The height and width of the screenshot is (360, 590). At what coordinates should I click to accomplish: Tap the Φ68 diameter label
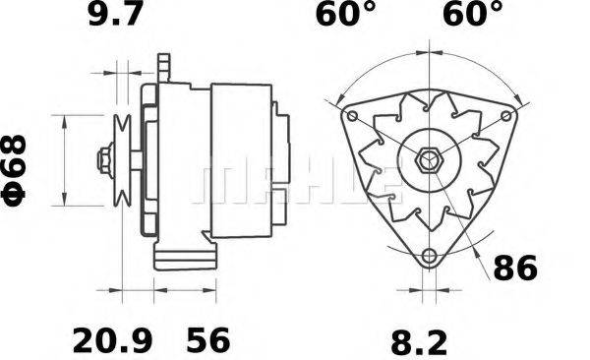pyautogui.click(x=19, y=169)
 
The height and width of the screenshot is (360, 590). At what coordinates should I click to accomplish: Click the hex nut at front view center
pyautogui.click(x=430, y=159)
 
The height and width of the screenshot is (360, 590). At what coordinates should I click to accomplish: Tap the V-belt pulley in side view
pyautogui.click(x=124, y=159)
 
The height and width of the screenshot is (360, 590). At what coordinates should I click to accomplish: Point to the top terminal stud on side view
pyautogui.click(x=164, y=68)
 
